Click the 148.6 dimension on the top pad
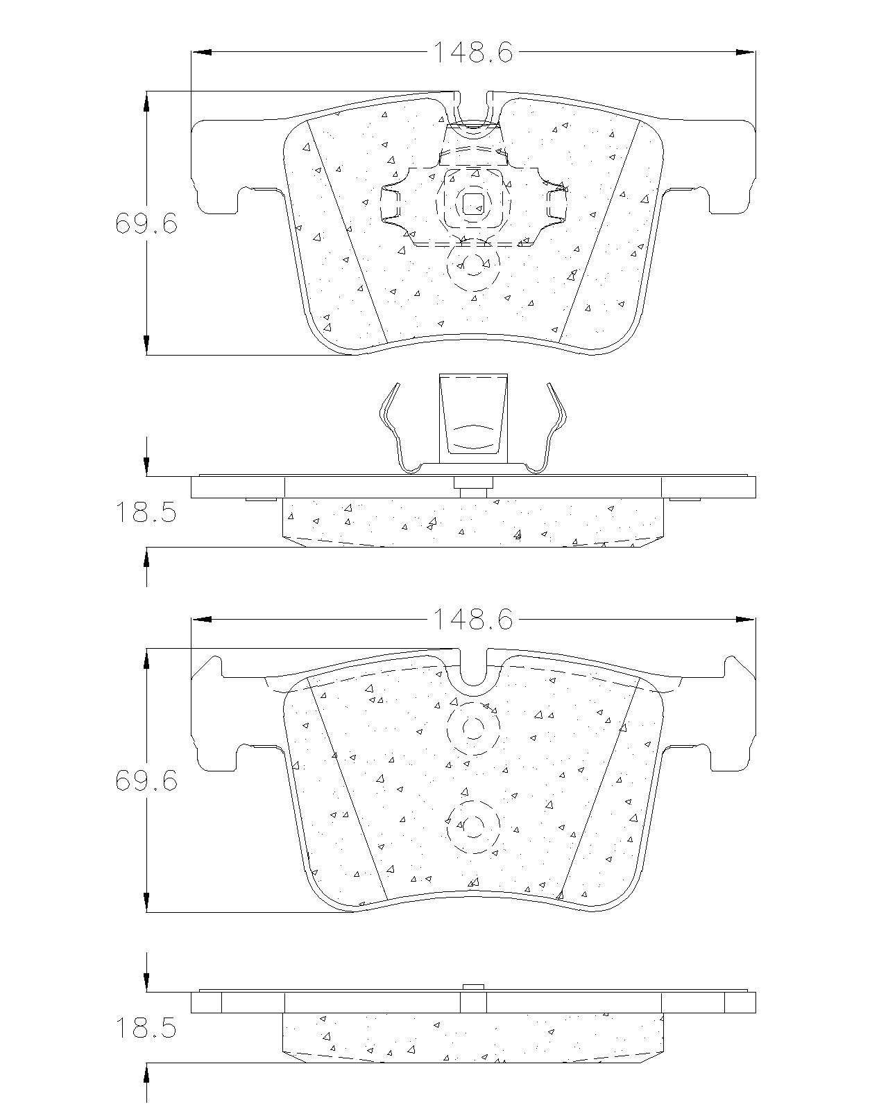[473, 52]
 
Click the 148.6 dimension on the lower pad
[473, 619]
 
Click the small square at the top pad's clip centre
[473, 204]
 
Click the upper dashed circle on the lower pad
[473, 728]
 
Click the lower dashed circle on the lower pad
[473, 826]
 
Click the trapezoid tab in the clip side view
[473, 414]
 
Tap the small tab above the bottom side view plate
[473, 987]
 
